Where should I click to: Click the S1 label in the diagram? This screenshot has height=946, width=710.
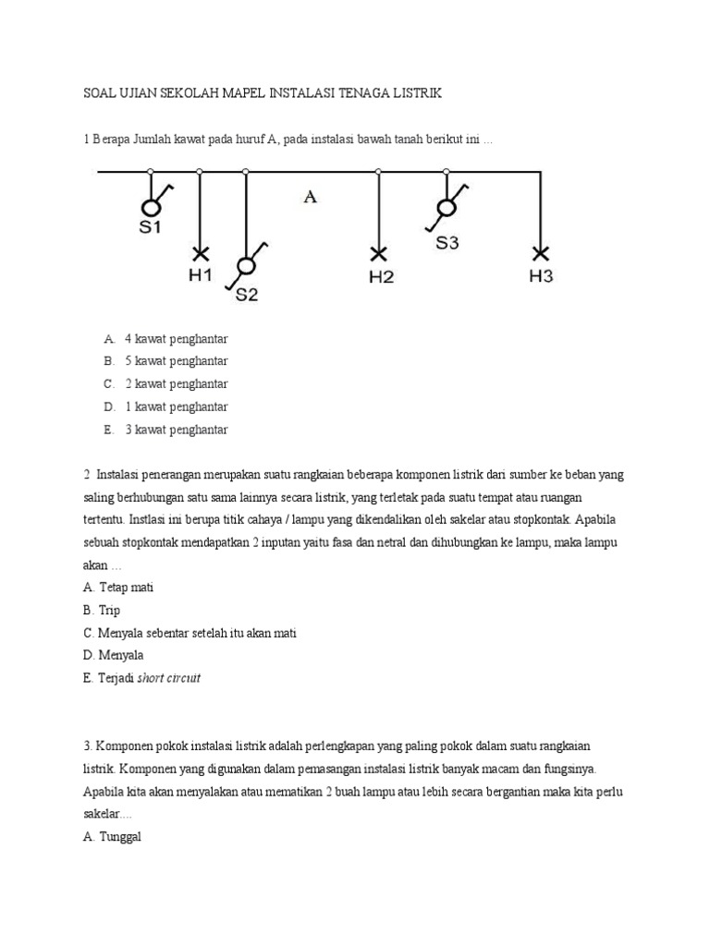pyautogui.click(x=151, y=228)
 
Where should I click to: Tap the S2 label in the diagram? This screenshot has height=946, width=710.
pyautogui.click(x=247, y=295)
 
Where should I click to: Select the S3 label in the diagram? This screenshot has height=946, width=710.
pyautogui.click(x=447, y=243)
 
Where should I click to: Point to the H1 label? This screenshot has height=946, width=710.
pyautogui.click(x=201, y=275)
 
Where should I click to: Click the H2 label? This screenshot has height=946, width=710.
pyautogui.click(x=381, y=276)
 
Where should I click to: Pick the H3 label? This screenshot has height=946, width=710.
pyautogui.click(x=541, y=276)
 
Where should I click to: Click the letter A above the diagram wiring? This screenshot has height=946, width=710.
pyautogui.click(x=311, y=196)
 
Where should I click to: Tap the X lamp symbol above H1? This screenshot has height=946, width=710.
pyautogui.click(x=200, y=252)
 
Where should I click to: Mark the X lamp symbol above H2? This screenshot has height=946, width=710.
pyautogui.click(x=378, y=252)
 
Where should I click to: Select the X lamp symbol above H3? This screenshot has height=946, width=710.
pyautogui.click(x=540, y=252)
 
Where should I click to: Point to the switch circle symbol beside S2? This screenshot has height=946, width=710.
pyautogui.click(x=245, y=267)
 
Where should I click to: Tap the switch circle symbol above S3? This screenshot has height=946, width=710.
pyautogui.click(x=446, y=208)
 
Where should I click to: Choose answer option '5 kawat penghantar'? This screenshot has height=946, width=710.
pyautogui.click(x=176, y=360)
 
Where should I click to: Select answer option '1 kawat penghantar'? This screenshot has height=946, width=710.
pyautogui.click(x=176, y=406)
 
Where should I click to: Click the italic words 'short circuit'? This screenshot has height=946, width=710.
pyautogui.click(x=168, y=678)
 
